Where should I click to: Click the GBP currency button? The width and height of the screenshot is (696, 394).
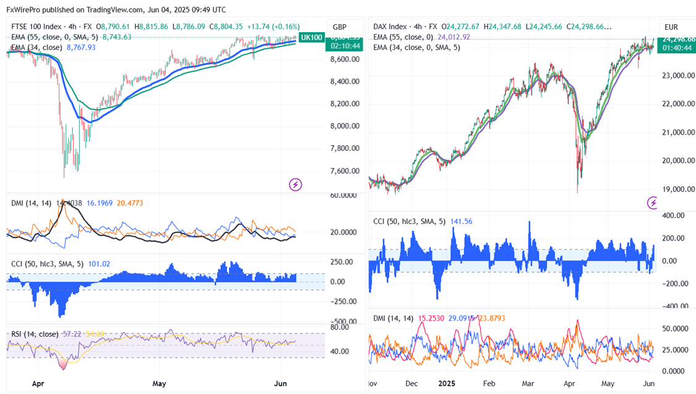(x=340, y=27)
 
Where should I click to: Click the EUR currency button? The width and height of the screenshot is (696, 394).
(x=671, y=27)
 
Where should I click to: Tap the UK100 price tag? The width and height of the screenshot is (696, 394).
(x=311, y=38)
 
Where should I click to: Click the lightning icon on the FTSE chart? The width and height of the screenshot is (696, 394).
(x=296, y=184)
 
